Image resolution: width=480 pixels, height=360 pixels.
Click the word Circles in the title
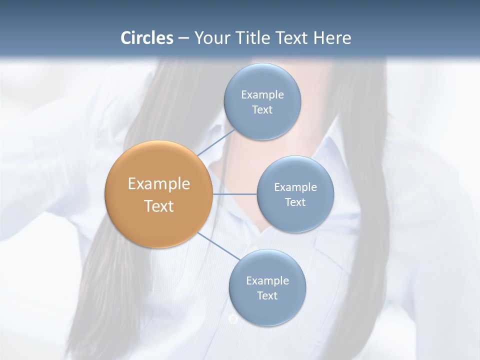(x=147, y=38)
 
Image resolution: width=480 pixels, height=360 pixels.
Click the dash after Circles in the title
(x=183, y=38)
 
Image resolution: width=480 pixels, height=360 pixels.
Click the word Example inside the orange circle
(x=158, y=184)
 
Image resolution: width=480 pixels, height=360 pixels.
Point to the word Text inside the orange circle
(x=158, y=206)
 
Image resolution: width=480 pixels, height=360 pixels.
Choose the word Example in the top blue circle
(x=262, y=95)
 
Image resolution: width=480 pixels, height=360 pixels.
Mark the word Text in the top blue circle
(x=262, y=110)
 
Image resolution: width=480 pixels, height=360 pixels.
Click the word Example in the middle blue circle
(x=295, y=187)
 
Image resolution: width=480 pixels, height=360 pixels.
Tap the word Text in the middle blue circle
(x=295, y=202)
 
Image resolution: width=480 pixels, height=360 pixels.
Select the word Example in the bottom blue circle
(x=267, y=281)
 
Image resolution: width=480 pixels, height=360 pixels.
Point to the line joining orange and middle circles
(x=234, y=194)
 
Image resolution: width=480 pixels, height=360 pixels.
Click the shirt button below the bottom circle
(x=232, y=319)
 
